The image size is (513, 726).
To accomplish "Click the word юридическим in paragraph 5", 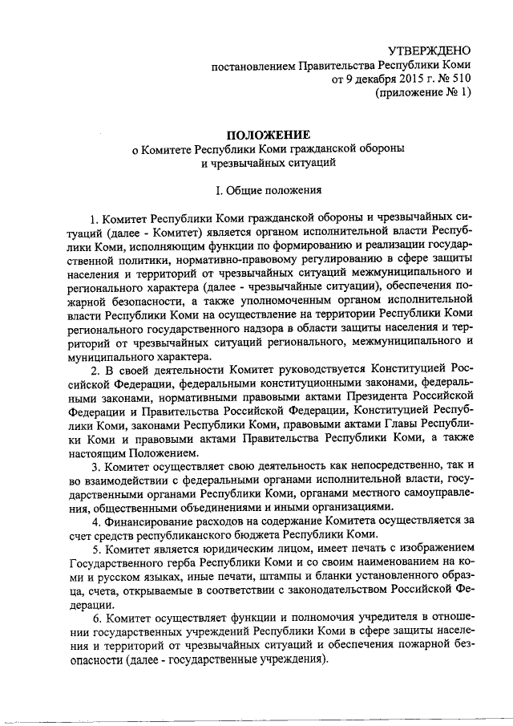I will [227, 550].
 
